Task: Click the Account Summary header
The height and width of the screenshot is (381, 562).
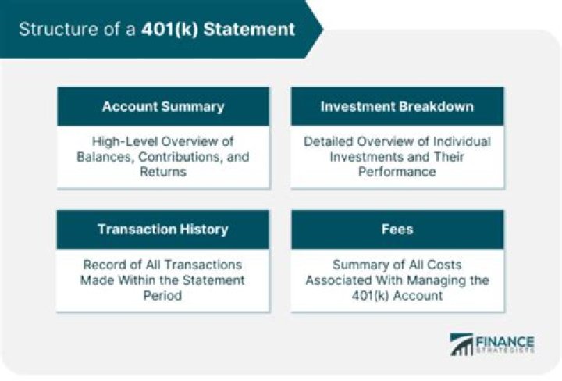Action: coord(162,107)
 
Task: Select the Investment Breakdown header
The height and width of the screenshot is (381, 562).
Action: coord(397,107)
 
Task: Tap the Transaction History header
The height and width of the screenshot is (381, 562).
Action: coord(162,230)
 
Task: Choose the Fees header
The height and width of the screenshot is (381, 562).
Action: coord(397,230)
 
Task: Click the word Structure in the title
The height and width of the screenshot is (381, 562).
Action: coord(52,30)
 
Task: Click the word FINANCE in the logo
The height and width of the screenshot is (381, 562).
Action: coord(507,341)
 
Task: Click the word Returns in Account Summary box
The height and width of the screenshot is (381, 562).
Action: coord(162,171)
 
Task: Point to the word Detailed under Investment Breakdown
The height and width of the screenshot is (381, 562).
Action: coord(330,141)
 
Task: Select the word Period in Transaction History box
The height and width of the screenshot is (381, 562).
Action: coord(162,294)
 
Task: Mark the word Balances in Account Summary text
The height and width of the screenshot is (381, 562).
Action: coord(105,156)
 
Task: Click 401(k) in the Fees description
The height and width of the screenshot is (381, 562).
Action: coord(366,294)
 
